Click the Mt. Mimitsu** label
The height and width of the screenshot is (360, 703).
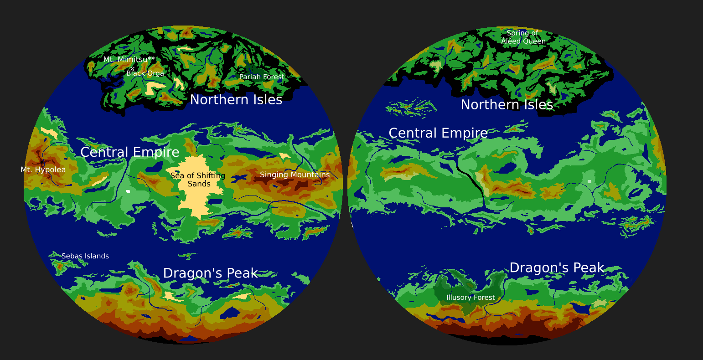point(129,60)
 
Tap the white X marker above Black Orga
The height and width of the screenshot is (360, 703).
point(132,69)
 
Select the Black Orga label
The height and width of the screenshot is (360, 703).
point(145,73)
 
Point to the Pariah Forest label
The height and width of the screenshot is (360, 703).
point(262,77)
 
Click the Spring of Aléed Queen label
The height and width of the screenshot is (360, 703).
point(523,37)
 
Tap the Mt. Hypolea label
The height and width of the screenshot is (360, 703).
point(43,170)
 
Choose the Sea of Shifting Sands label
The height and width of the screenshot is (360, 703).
point(198,180)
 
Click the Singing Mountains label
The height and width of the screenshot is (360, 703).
point(295,175)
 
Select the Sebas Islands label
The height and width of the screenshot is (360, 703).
point(85,256)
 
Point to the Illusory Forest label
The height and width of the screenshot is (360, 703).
point(470,298)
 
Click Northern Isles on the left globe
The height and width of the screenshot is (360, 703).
point(236,100)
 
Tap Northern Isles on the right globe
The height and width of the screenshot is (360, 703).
point(507,105)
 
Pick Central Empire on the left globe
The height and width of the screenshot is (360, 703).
point(130,152)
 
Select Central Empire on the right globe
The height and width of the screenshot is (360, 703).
point(438,133)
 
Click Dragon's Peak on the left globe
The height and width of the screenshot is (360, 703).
point(210,273)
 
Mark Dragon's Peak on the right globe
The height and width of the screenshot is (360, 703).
point(557,268)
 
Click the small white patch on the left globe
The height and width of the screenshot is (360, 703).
point(128,191)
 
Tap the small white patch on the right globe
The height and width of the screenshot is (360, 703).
point(589,182)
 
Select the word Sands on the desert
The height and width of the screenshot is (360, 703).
point(199,184)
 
